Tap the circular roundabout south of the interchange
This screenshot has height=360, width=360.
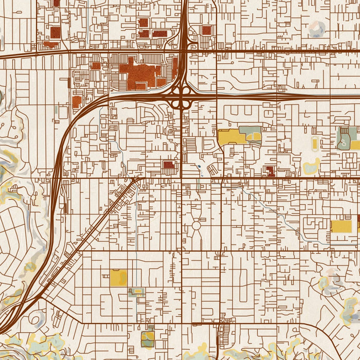pos(196,226)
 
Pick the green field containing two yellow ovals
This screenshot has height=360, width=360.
pos(250,135)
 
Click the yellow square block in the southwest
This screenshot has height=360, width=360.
pos(118,277)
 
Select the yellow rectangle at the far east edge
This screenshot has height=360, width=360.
pos(341,226)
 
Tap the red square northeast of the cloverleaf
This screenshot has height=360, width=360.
pos(206,30)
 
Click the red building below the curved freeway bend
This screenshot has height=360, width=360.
pos(77,101)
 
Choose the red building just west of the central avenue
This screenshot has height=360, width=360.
pos(169,165)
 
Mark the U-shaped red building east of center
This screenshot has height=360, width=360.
pos(269,171)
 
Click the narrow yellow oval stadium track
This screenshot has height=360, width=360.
pos(315,145)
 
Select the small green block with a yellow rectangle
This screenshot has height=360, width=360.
pos(136,292)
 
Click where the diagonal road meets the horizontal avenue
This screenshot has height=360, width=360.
pos(137,178)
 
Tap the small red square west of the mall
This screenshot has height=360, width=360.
pos(96,65)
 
